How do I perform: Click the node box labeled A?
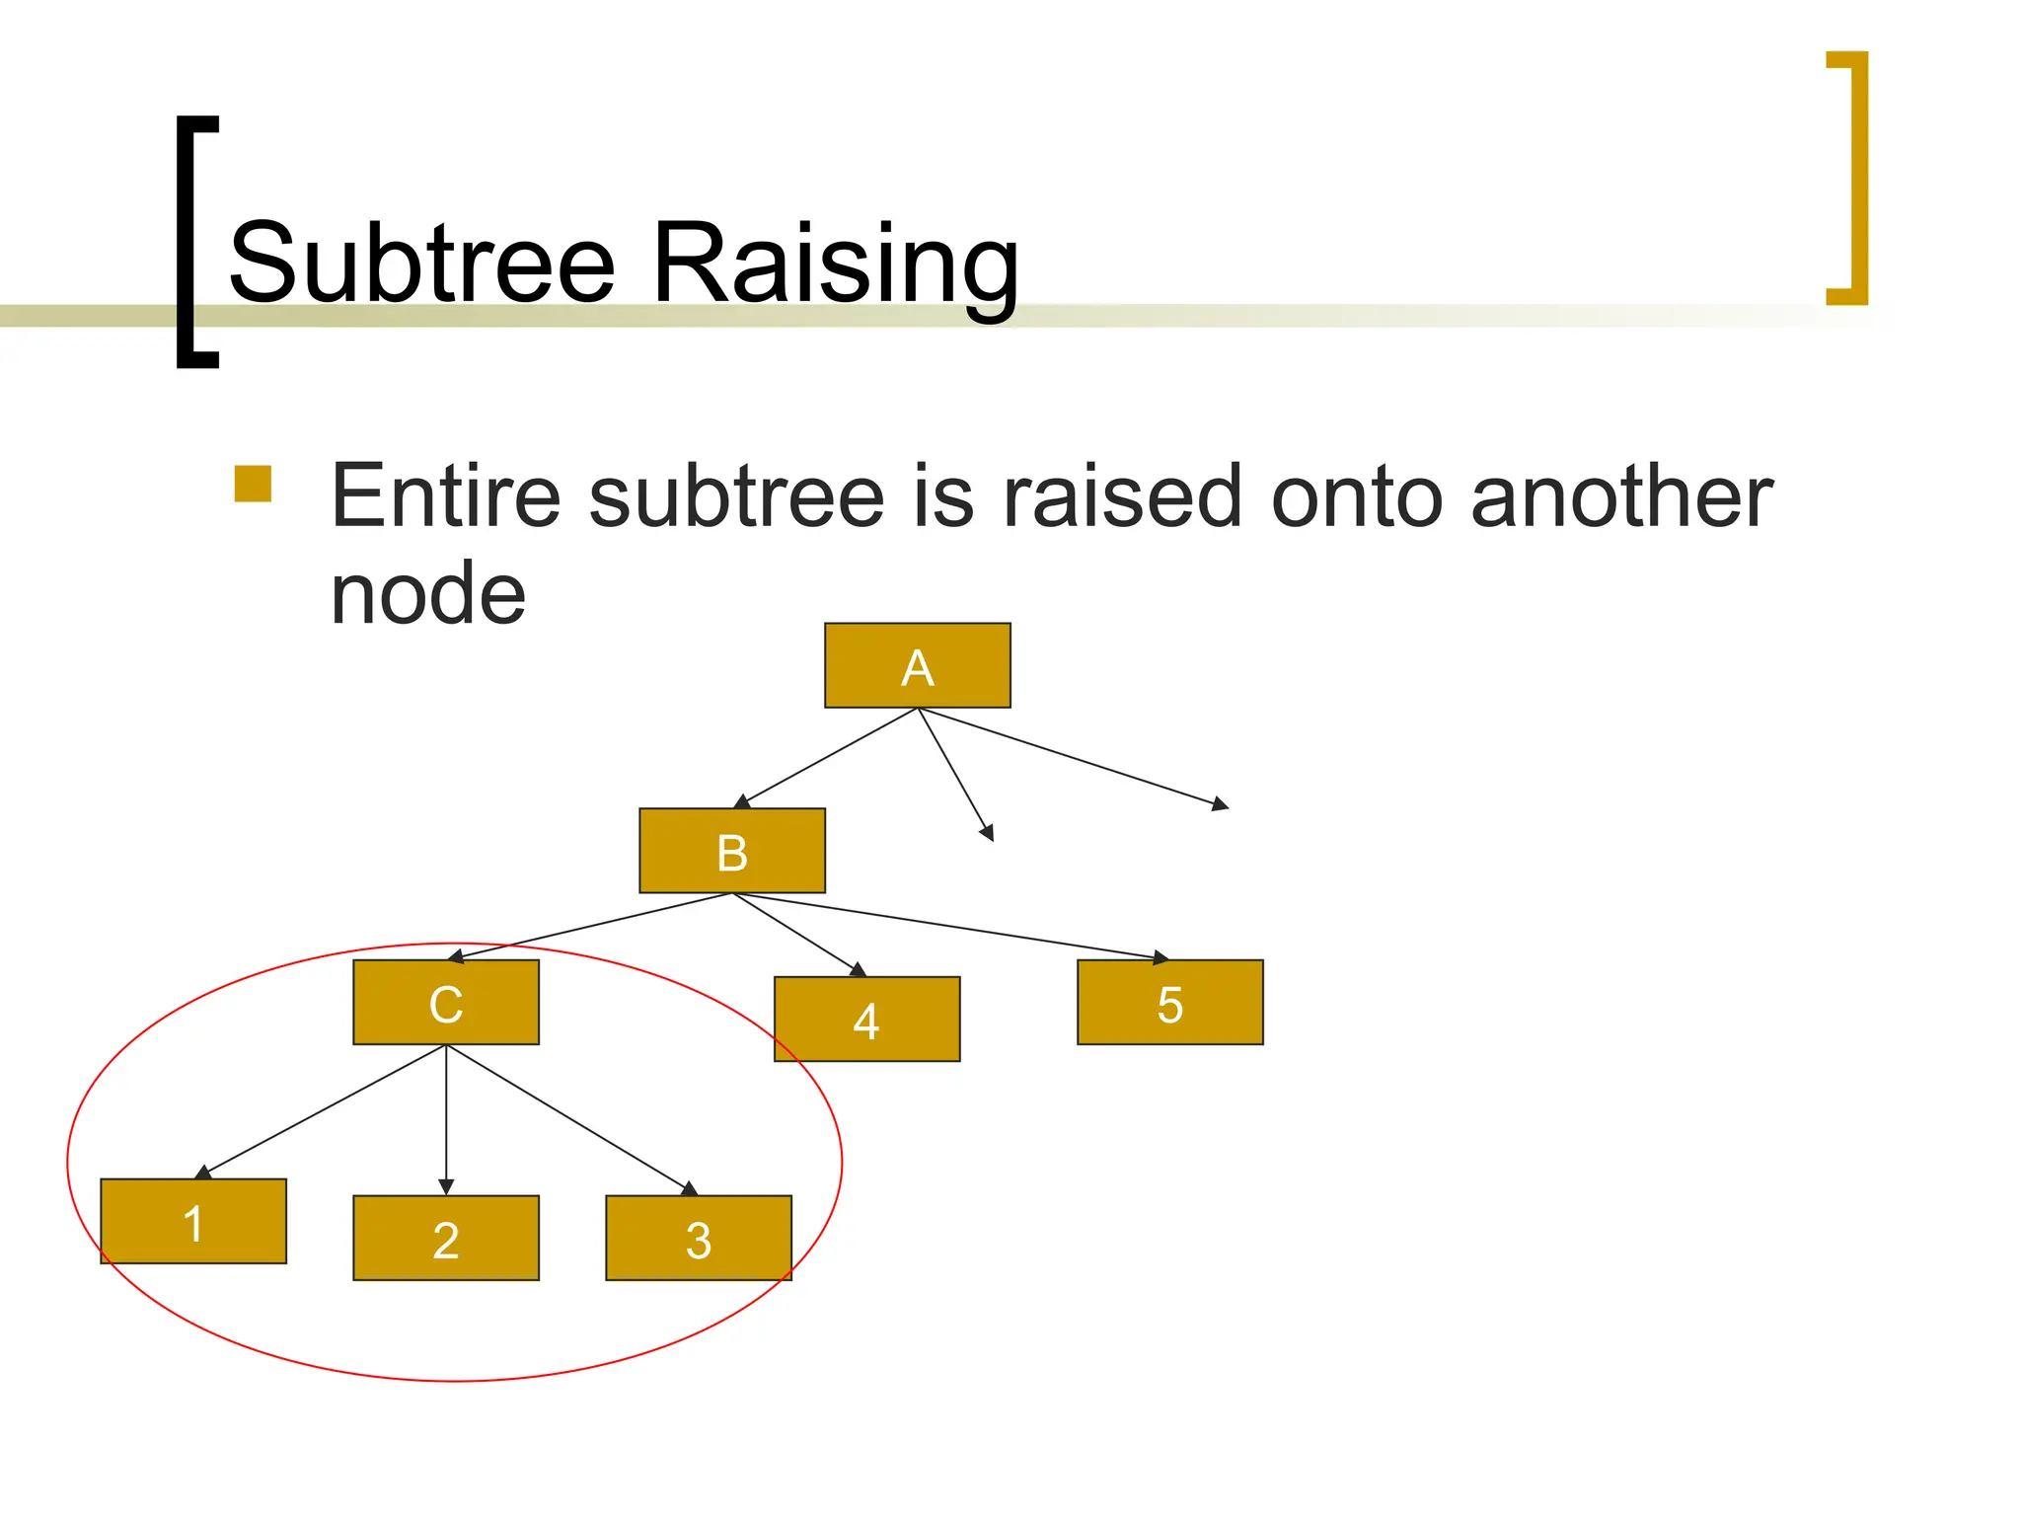(x=917, y=665)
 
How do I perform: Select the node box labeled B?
(x=731, y=851)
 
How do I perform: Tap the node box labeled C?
(x=446, y=1002)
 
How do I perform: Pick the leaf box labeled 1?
(x=193, y=1221)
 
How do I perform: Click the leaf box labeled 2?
(x=446, y=1238)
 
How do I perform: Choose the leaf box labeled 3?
(x=698, y=1238)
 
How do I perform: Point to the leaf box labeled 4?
(x=866, y=1019)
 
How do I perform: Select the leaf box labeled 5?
(x=1169, y=1002)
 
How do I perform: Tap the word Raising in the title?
(x=835, y=264)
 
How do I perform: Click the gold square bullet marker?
(x=253, y=484)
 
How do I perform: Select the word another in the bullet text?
(x=1621, y=496)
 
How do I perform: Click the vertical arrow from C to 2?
(x=446, y=1115)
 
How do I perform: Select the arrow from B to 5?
(x=947, y=926)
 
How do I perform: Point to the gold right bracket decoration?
(x=1857, y=178)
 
